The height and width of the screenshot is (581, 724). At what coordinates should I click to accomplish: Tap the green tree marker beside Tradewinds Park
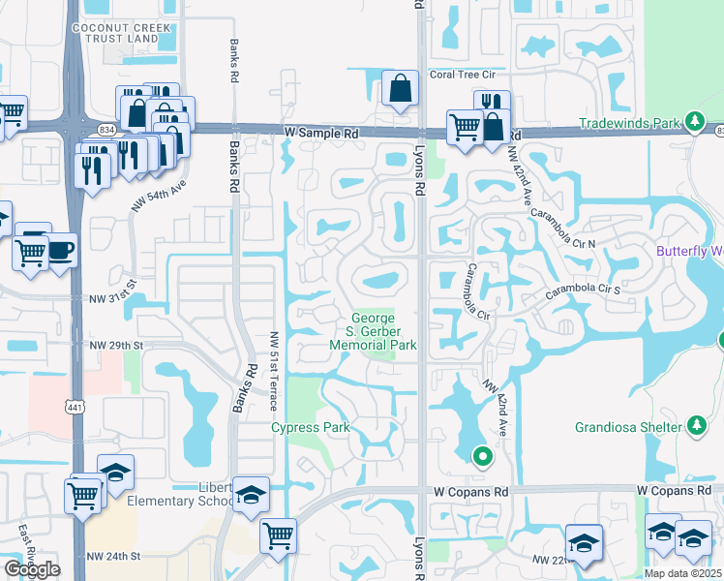coord(693,122)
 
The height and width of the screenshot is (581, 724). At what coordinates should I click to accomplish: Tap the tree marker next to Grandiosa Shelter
coord(696,425)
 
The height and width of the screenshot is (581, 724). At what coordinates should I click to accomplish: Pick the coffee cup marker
coord(62,249)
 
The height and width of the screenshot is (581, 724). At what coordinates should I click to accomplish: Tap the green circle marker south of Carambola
coord(480,454)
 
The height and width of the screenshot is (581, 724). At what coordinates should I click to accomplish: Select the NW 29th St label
coord(116,345)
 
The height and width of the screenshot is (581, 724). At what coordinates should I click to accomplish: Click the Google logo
coord(32,569)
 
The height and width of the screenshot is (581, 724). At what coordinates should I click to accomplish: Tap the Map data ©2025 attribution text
coord(681,573)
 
